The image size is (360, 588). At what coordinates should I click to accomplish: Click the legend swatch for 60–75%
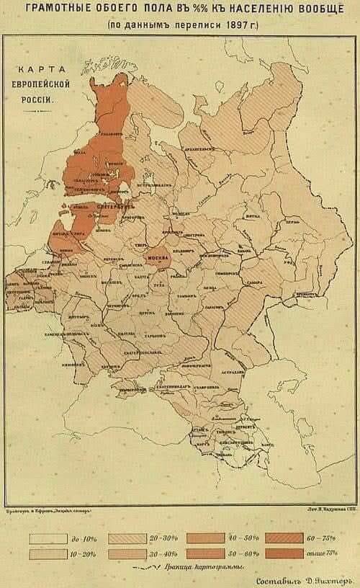coord(284,538)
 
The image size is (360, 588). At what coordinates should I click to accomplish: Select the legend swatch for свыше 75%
coord(284,553)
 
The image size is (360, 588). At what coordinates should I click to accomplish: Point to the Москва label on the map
coord(158,257)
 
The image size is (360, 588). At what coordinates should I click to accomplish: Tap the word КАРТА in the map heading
coord(41,70)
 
